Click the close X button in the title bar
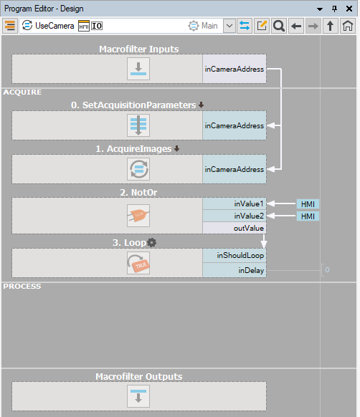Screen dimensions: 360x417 pyautogui.click(x=349, y=9)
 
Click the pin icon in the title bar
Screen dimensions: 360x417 pyautogui.click(x=334, y=9)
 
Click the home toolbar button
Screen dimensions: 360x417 pyautogui.click(x=348, y=26)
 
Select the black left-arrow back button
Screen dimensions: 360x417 pyautogui.click(x=296, y=26)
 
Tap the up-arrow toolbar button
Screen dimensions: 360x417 pyautogui.click(x=330, y=26)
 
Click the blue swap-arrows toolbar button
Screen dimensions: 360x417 pyautogui.click(x=245, y=26)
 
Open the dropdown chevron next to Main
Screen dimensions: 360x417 pyautogui.click(x=229, y=26)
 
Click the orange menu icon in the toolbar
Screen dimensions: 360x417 pyautogui.click(x=10, y=26)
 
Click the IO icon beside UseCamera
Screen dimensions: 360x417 pyautogui.click(x=97, y=26)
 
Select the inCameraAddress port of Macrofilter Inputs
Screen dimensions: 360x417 pyautogui.click(x=235, y=69)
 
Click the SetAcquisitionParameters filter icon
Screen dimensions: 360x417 pyautogui.click(x=138, y=125)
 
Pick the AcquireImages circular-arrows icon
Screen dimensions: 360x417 pyautogui.click(x=138, y=169)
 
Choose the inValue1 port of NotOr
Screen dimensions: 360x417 pyautogui.click(x=235, y=203)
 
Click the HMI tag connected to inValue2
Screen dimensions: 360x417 pyautogui.click(x=308, y=216)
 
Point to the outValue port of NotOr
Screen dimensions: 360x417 pyautogui.click(x=235, y=228)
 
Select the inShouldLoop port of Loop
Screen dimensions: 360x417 pyautogui.click(x=235, y=255)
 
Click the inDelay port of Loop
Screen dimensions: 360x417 pyautogui.click(x=235, y=270)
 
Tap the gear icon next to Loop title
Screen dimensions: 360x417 pyautogui.click(x=152, y=243)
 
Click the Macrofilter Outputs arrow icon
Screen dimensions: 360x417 pyautogui.click(x=138, y=396)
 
